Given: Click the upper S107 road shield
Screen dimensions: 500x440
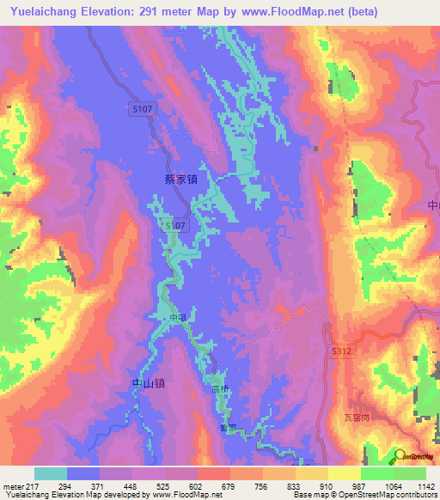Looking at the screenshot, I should (x=142, y=110).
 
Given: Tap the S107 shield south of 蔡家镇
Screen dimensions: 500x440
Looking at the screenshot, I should (x=175, y=224).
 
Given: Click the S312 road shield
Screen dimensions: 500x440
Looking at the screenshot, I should (x=340, y=351).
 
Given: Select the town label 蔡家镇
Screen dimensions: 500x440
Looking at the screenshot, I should (x=181, y=179).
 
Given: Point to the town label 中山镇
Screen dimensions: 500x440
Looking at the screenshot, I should (x=148, y=384).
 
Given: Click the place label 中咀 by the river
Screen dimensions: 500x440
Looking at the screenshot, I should (x=177, y=318).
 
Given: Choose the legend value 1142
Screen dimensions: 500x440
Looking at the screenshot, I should (x=426, y=486).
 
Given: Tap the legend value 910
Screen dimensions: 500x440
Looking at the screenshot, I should (x=327, y=486).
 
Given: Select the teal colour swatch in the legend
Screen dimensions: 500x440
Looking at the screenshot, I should (x=51, y=473).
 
